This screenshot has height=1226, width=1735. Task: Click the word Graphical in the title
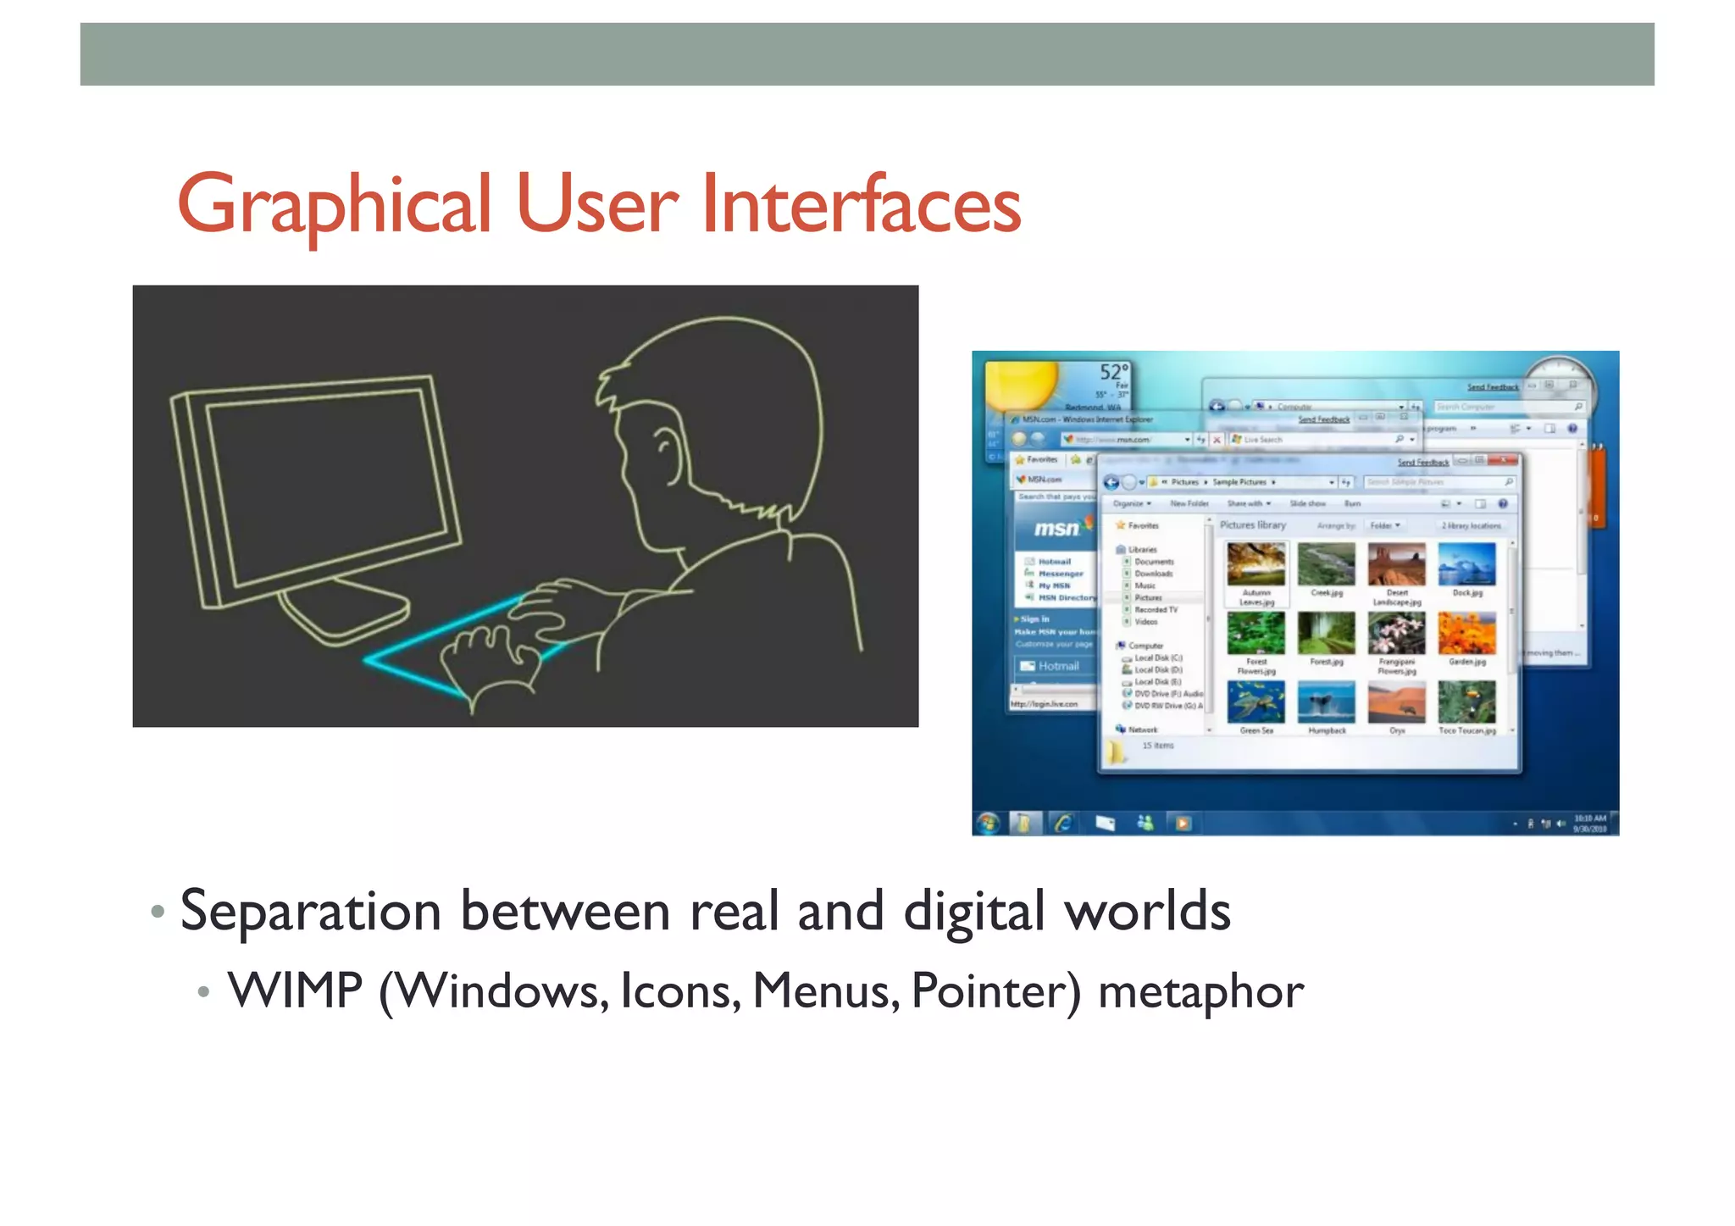tap(334, 205)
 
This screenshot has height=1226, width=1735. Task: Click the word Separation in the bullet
tap(310, 912)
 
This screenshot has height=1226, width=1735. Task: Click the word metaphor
tap(1200, 991)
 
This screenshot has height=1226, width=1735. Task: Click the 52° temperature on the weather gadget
tap(1113, 372)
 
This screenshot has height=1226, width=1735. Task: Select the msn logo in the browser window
tap(1056, 529)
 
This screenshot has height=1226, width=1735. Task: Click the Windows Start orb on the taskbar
tap(988, 822)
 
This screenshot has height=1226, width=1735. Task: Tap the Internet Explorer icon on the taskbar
tap(1063, 822)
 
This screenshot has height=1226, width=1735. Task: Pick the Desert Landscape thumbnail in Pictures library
tap(1396, 564)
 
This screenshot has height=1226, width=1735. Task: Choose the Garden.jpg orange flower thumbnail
tap(1466, 634)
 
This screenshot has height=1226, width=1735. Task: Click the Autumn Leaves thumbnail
tap(1256, 564)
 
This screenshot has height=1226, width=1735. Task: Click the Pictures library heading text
tap(1252, 525)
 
